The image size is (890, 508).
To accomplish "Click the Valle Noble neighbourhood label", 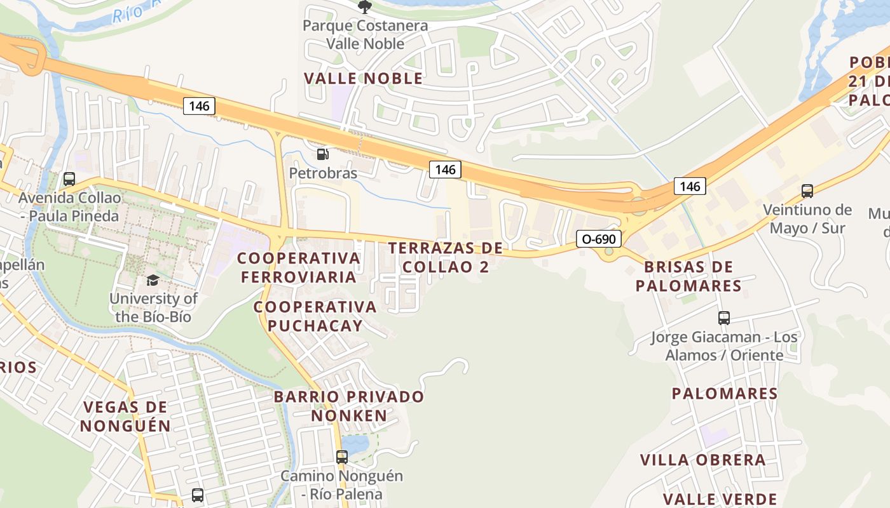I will click(x=363, y=79).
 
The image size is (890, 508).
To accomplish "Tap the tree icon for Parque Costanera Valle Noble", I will click(x=365, y=7).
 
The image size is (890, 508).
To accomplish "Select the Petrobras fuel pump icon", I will click(x=323, y=154).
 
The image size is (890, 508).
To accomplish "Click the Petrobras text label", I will click(x=323, y=173).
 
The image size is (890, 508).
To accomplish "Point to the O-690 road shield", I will click(x=599, y=239).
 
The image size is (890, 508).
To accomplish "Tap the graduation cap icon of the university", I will click(x=153, y=281).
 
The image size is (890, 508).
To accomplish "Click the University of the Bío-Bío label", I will click(x=153, y=307).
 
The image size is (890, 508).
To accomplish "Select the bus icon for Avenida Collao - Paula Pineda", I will click(x=69, y=179).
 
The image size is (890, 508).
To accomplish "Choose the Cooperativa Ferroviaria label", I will click(x=299, y=267).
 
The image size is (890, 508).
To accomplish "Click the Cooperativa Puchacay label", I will click(x=315, y=316).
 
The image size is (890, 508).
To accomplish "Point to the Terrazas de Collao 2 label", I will click(x=446, y=257).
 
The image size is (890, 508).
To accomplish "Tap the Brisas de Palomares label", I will click(x=688, y=276).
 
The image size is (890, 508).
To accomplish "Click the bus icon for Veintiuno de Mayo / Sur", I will click(x=807, y=190).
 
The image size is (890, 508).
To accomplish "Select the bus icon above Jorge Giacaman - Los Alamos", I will click(x=724, y=318).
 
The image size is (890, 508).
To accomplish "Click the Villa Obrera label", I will click(x=703, y=460).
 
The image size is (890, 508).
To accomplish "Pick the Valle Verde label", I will click(x=720, y=499).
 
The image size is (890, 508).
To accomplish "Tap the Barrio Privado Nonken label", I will click(x=349, y=406).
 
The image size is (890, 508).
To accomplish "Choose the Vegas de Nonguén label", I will click(x=125, y=416).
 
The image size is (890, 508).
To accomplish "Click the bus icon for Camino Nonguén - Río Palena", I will click(x=342, y=457).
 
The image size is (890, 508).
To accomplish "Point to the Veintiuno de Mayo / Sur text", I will click(x=807, y=218).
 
